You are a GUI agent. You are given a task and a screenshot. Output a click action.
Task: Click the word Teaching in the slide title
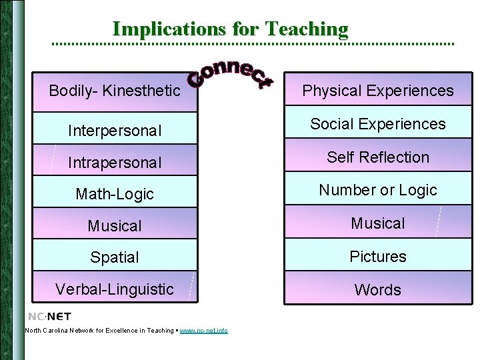tap(306, 29)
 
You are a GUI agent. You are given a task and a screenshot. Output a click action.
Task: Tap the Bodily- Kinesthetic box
tap(115, 91)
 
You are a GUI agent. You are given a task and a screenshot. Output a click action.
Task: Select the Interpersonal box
tap(115, 130)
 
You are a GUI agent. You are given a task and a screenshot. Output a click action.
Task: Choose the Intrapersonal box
tap(115, 162)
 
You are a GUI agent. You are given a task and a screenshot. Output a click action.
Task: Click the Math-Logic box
tap(115, 194)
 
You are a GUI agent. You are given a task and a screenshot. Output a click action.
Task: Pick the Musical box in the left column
tap(115, 225)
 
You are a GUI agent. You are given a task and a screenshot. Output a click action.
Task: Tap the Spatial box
tap(115, 257)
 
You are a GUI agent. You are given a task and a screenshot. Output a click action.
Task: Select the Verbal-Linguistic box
tap(115, 289)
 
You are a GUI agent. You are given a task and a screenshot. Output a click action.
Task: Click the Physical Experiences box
tap(378, 91)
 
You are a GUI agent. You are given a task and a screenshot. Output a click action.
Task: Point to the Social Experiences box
tap(378, 124)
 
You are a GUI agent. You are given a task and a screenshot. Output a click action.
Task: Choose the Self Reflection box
tap(378, 157)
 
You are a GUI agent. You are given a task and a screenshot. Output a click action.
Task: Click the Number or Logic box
tap(378, 190)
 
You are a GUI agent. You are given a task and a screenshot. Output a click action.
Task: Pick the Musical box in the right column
tap(378, 223)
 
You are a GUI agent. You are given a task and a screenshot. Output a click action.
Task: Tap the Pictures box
tap(378, 256)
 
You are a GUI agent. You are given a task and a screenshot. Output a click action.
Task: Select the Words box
tap(378, 289)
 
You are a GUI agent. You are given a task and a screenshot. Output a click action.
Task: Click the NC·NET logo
tap(49, 316)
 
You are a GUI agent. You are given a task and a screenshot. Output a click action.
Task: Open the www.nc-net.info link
tap(203, 331)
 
